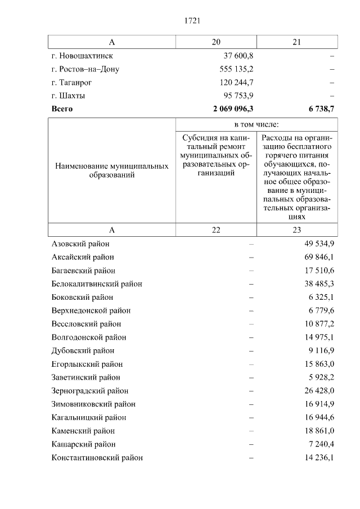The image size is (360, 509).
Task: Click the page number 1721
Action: click(192, 21)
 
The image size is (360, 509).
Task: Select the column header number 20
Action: click(216, 42)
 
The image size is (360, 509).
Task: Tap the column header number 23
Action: click(296, 229)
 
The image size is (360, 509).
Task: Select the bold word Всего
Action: click(62, 109)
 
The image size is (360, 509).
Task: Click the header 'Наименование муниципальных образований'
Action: click(112, 171)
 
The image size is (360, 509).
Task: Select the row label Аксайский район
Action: click(83, 257)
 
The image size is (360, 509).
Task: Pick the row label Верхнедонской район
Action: click(91, 310)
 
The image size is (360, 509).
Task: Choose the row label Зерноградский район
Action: click(90, 391)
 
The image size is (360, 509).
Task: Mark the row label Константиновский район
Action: click(97, 458)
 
